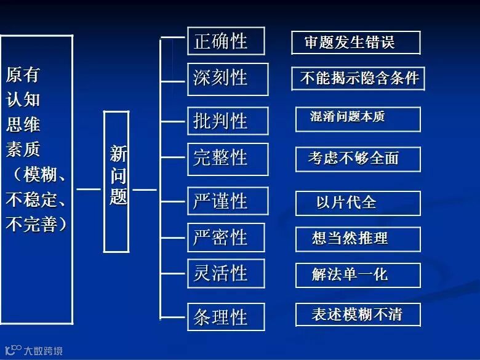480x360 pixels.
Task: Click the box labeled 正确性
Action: click(226, 41)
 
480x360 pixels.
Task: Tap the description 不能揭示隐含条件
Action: click(358, 78)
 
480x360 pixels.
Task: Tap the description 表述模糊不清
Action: click(358, 315)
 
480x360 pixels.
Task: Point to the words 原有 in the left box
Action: click(23, 74)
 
